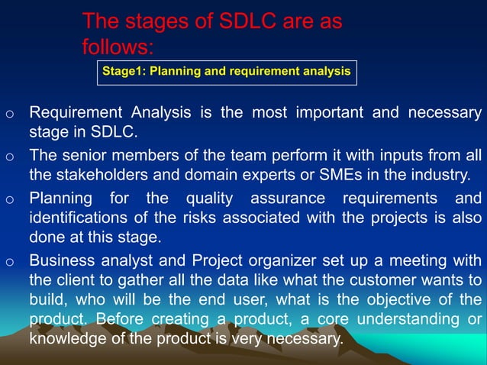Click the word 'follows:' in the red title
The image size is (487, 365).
(x=118, y=47)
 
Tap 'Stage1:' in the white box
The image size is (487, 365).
(x=125, y=72)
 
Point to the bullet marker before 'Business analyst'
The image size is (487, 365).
(x=8, y=261)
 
